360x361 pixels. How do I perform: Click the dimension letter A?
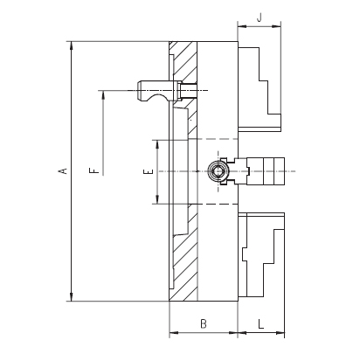pyautogui.click(x=64, y=171)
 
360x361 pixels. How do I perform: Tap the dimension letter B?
pyautogui.click(x=204, y=323)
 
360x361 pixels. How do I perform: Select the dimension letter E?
pyautogui.click(x=149, y=171)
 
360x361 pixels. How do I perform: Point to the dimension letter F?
pyautogui.click(x=93, y=170)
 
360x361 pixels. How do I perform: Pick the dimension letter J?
pyautogui.click(x=260, y=17)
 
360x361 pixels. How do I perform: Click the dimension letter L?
pyautogui.click(x=261, y=323)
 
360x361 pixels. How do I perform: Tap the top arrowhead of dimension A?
pyautogui.click(x=71, y=45)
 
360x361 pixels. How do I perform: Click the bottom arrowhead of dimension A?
pyautogui.click(x=71, y=296)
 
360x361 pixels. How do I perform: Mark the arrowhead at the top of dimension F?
pyautogui.click(x=103, y=95)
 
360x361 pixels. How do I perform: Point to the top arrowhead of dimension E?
pyautogui.click(x=157, y=144)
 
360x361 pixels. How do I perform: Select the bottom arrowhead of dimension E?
pyautogui.click(x=157, y=199)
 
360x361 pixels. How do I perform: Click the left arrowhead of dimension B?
pyautogui.click(x=174, y=332)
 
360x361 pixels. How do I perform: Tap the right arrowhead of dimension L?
pyautogui.click(x=280, y=332)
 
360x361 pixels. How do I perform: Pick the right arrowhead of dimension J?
pyautogui.click(x=276, y=26)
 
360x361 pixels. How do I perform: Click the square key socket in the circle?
pyautogui.click(x=218, y=171)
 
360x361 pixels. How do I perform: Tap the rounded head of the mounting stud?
pyautogui.click(x=142, y=90)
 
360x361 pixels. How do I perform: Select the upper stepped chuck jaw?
pyautogui.click(x=260, y=87)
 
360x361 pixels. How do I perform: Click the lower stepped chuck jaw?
pyautogui.click(x=261, y=255)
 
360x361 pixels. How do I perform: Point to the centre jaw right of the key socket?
pyautogui.click(x=260, y=171)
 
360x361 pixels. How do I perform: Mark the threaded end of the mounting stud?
pyautogui.click(x=188, y=90)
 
